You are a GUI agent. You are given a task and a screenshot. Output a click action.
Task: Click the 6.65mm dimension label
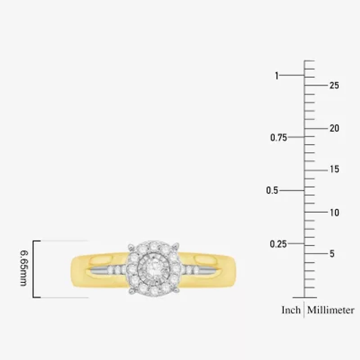(24, 269)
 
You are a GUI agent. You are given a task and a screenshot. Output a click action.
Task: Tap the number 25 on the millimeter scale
(334, 85)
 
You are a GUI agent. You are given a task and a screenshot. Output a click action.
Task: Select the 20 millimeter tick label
(334, 128)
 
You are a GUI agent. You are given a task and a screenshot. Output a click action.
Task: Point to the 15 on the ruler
(334, 170)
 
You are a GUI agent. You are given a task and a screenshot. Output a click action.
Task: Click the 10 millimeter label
(334, 212)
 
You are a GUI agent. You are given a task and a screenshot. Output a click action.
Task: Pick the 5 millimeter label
(332, 254)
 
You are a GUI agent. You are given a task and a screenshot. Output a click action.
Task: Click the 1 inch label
(277, 76)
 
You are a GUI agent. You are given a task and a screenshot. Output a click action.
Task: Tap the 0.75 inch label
(279, 138)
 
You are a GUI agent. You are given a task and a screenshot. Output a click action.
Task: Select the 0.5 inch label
(272, 190)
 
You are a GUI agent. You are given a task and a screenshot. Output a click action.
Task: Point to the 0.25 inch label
(279, 244)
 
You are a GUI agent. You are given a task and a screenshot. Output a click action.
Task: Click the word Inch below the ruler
(291, 310)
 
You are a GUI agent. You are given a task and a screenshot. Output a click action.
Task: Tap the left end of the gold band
(74, 271)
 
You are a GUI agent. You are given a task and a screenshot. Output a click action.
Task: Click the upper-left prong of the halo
(130, 246)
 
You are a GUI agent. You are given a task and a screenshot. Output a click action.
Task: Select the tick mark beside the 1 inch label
(293, 76)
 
